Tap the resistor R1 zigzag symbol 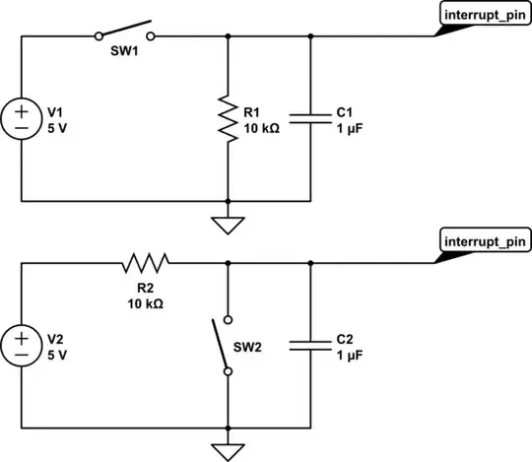229,120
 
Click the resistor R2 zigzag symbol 146,262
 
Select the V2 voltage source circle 21,344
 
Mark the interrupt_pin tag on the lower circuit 477,241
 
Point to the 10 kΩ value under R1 260,128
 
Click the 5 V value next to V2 55,354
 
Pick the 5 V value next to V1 55,128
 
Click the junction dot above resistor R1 229,36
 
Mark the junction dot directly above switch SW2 229,263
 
